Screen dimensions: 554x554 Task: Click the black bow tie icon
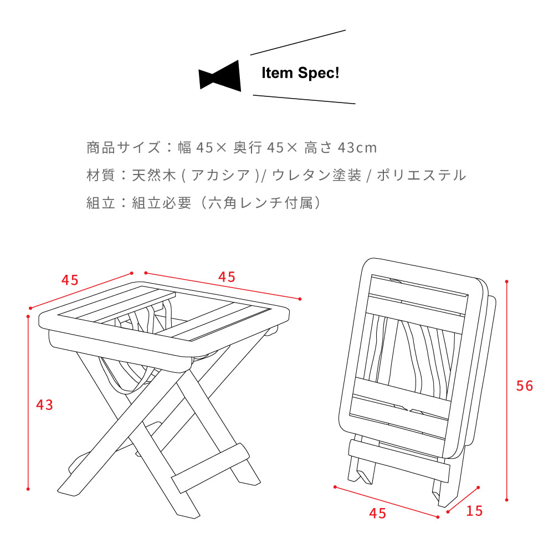pos(220,76)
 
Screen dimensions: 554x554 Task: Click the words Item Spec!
pos(300,73)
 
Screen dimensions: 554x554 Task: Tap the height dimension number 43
pos(44,404)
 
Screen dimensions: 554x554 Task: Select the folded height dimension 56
pos(524,386)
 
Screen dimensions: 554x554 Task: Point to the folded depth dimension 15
pos(474,511)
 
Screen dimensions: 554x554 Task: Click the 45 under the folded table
pos(377,513)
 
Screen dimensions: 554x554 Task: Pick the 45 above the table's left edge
pos(70,280)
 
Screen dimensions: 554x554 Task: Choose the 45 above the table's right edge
pos(227,276)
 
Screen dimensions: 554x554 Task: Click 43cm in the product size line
pos(357,148)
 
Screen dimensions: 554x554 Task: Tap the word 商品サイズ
pos(124,147)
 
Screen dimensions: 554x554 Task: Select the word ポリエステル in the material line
pos(421,175)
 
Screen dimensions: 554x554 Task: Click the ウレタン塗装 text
pos(316,175)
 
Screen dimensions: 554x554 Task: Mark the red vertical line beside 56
pos(507,391)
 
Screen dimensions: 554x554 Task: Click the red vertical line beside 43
pos(28,403)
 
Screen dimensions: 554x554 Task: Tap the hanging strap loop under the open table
pos(124,377)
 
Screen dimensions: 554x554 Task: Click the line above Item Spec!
pos(298,43)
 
